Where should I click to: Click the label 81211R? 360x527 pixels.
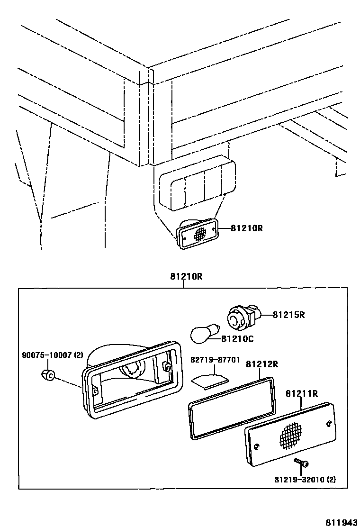coord(301,393)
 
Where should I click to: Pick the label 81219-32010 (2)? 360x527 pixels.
coord(305,479)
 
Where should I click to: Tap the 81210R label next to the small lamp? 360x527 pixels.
coord(246,228)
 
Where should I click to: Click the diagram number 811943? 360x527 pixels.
coord(340,521)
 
